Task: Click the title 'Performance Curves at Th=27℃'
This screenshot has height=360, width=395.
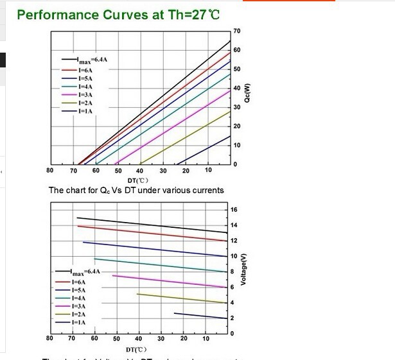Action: [118, 14]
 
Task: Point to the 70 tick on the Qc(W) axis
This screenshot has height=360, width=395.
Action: [237, 31]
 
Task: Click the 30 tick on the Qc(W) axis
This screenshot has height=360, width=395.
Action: [237, 107]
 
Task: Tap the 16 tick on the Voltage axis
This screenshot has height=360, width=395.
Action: [234, 210]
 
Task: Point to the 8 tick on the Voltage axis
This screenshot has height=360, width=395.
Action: [233, 271]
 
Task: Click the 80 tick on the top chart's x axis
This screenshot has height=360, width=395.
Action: [50, 170]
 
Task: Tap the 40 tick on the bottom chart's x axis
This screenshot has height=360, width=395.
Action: [139, 338]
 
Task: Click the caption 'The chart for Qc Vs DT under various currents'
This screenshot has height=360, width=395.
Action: [136, 191]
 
